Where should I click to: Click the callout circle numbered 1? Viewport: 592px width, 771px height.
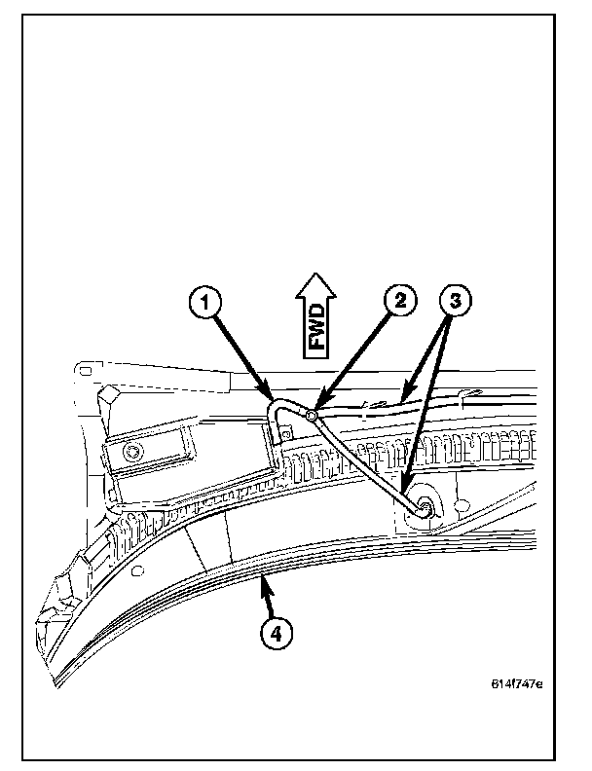[203, 302]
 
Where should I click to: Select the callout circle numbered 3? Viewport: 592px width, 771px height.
[455, 301]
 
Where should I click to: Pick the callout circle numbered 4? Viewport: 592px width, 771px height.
[277, 633]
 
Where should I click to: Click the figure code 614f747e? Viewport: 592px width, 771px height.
[515, 682]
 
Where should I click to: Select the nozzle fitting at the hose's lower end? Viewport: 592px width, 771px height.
[425, 507]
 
